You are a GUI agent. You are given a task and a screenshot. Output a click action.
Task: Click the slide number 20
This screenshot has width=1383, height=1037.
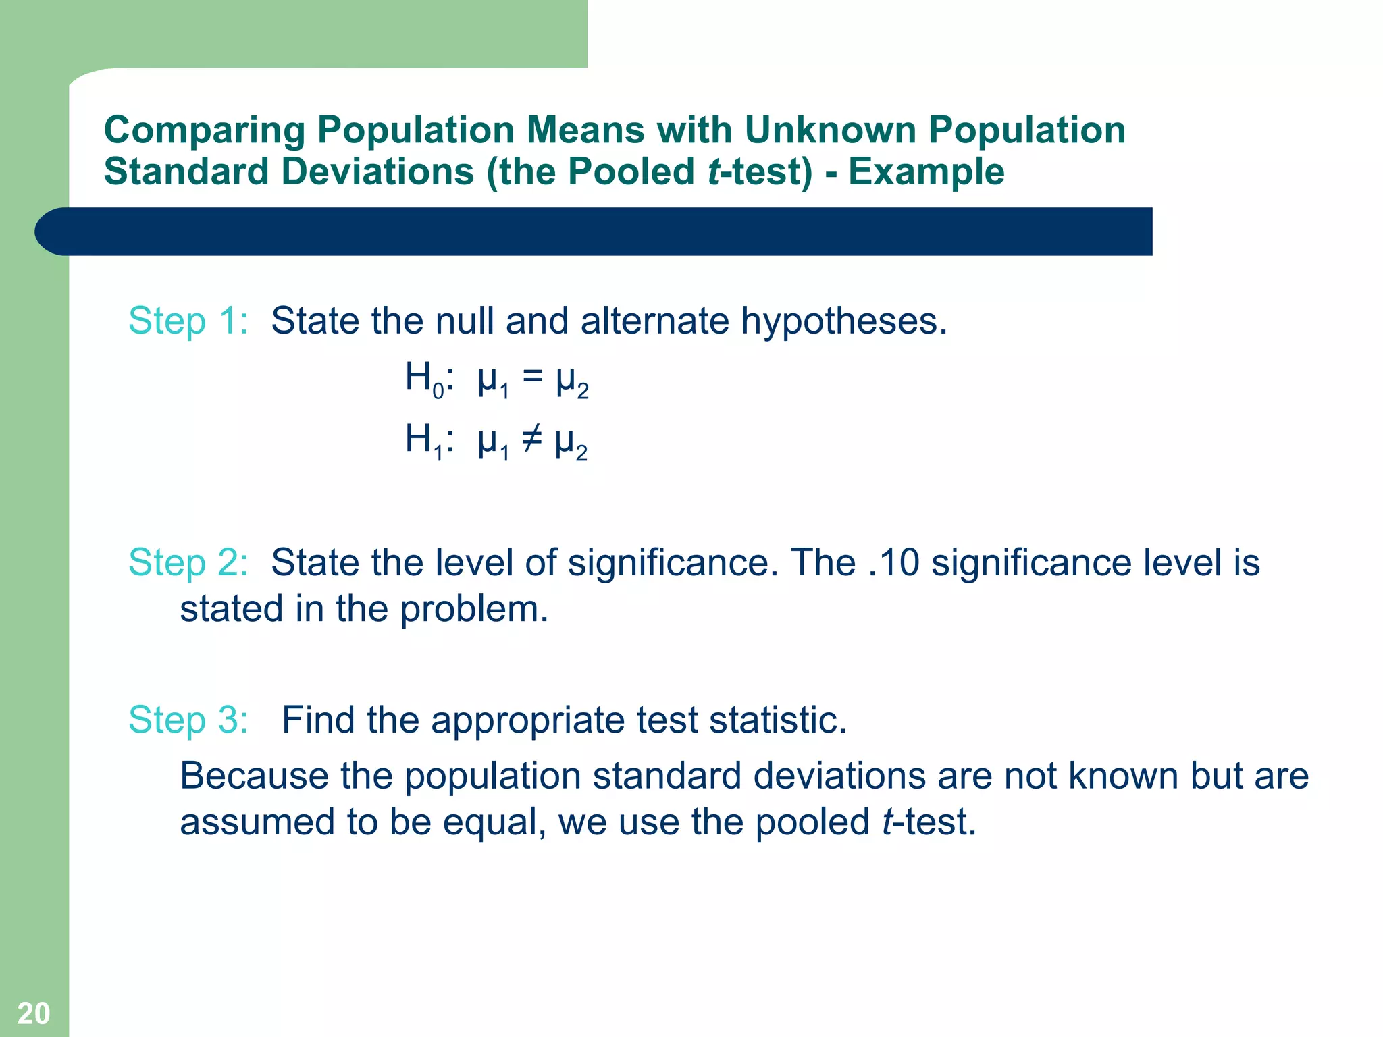point(33,1013)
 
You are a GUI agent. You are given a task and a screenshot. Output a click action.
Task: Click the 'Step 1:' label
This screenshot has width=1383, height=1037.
point(188,321)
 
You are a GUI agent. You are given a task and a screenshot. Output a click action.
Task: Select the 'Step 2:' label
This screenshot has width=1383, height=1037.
point(188,562)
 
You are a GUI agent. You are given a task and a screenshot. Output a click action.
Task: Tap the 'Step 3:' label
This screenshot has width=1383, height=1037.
point(188,720)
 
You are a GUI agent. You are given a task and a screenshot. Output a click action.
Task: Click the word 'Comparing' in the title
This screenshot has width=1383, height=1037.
point(205,131)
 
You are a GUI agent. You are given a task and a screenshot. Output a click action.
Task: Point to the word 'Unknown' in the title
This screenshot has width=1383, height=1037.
point(830,130)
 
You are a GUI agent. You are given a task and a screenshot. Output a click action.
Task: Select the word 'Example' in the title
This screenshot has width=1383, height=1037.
point(926,171)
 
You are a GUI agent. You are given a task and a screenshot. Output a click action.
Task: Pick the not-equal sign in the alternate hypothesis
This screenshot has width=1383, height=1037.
point(531,440)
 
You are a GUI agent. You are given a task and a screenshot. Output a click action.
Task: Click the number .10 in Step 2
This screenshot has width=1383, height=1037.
point(893,562)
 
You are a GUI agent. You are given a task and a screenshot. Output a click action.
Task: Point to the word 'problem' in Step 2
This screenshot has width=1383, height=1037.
point(473,610)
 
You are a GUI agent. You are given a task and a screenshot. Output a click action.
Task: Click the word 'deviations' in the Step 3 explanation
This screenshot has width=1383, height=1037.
point(839,776)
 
